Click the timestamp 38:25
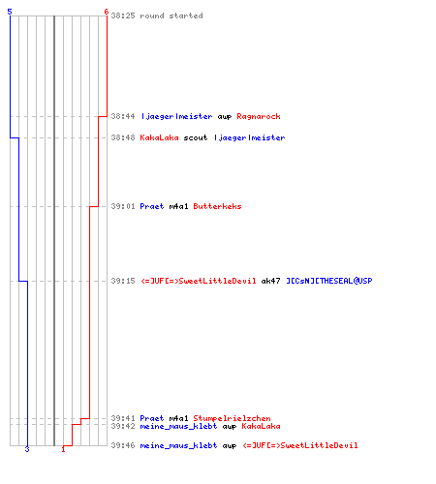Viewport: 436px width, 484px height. click(123, 15)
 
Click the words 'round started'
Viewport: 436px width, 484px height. click(171, 15)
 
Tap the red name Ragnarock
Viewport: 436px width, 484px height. click(259, 116)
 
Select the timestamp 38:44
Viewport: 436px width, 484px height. click(123, 116)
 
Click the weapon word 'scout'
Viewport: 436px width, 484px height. click(196, 137)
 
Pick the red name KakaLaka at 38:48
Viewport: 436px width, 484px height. click(159, 137)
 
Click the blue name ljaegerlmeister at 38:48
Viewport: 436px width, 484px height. click(249, 137)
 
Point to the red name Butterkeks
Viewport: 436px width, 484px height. click(217, 206)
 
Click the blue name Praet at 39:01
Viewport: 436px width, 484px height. click(152, 206)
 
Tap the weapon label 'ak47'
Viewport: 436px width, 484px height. click(270, 281)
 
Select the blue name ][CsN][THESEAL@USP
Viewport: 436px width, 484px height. click(329, 281)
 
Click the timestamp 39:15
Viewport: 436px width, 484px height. click(123, 281)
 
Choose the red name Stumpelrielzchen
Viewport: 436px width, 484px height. click(232, 418)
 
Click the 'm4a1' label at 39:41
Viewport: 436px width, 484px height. click(178, 418)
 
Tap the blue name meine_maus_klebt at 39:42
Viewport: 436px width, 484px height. click(178, 426)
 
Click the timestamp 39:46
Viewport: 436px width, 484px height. click(123, 445)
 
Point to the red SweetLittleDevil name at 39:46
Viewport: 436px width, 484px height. click(300, 445)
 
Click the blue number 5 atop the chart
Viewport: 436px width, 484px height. click(10, 12)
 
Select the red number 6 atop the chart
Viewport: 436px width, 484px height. click(107, 12)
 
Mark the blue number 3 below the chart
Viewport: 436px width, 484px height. click(27, 449)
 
